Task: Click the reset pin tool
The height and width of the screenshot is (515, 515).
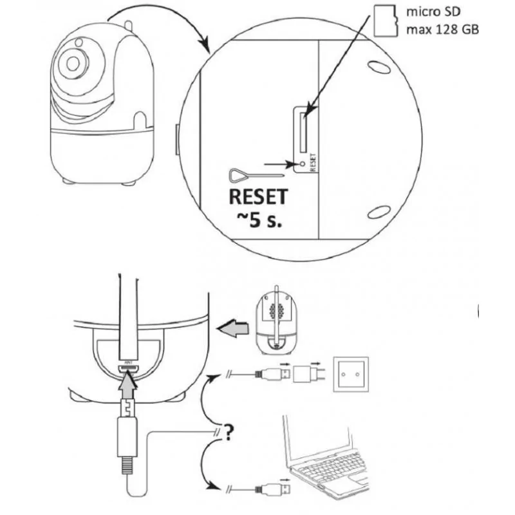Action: tap(255, 175)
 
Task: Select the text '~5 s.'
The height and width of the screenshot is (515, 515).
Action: tap(257, 220)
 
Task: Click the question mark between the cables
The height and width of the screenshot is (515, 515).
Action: tap(228, 433)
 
